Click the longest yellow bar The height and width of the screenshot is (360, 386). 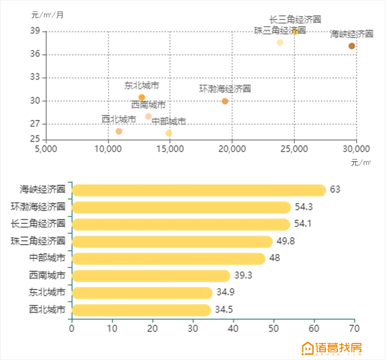[199, 190]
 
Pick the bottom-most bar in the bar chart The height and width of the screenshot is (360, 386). [141, 310]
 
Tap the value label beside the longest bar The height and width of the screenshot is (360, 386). [335, 190]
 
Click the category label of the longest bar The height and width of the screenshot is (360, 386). [42, 190]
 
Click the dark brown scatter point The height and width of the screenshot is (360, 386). [351, 46]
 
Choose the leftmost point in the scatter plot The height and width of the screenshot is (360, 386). [119, 131]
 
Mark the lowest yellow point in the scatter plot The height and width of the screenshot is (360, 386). [168, 133]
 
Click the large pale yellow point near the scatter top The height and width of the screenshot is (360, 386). [280, 42]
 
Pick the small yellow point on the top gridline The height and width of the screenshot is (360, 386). [295, 32]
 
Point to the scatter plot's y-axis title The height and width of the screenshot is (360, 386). [47, 15]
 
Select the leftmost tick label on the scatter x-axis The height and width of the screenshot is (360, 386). [45, 149]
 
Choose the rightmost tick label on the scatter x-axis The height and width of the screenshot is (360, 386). [356, 149]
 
